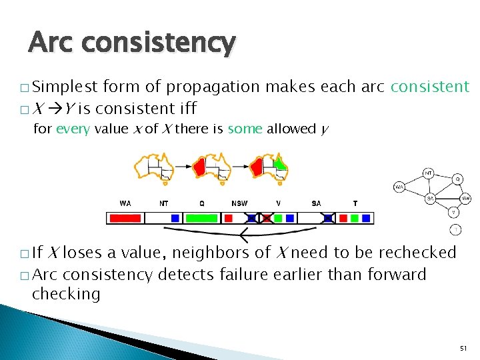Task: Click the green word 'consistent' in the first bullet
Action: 430,87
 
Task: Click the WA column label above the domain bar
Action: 125,203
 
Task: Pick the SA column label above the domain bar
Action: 316,203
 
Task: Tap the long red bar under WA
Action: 125,218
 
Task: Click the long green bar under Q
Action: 201,218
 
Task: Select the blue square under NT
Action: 175,218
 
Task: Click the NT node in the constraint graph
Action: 429,173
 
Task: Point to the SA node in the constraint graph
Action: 431,198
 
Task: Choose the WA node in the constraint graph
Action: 399,187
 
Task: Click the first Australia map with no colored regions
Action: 153,166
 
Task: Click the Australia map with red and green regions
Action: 269,166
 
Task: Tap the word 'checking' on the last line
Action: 66,294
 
